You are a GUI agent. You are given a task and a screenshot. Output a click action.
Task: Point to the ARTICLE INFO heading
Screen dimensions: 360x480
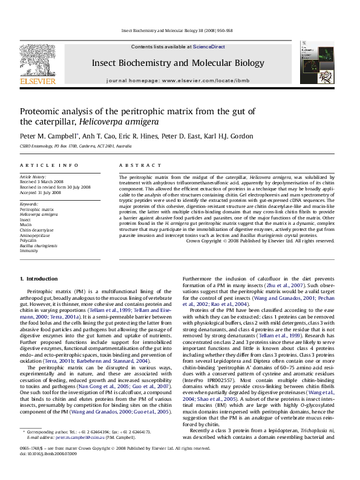tap(40, 165)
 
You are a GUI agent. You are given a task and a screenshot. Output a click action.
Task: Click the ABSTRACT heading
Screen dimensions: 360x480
tap(134, 165)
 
